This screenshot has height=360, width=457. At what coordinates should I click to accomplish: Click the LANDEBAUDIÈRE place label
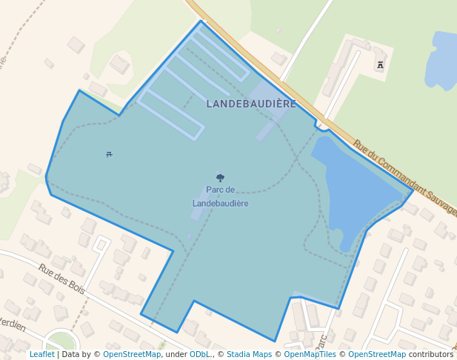[x=251, y=104]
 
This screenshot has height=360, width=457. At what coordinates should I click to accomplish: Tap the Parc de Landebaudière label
[x=220, y=196]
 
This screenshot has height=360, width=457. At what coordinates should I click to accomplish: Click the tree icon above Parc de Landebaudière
[x=220, y=178]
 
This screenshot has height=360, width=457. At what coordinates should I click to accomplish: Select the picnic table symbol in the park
[x=110, y=154]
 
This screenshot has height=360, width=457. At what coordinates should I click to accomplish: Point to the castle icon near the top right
[x=380, y=65]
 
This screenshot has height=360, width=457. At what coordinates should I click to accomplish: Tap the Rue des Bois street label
[x=62, y=279]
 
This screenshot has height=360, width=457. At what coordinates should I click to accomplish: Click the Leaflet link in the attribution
[x=41, y=354]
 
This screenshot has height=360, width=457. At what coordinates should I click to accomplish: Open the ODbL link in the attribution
[x=199, y=354]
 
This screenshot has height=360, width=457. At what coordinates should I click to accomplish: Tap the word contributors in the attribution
[x=430, y=354]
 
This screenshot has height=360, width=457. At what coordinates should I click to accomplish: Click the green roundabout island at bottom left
[x=61, y=342]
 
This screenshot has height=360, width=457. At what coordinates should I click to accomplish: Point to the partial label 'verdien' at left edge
[x=13, y=324]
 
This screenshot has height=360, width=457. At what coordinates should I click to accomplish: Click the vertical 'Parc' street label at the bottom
[x=321, y=341]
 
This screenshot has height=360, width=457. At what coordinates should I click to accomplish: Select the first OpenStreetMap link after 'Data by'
[x=131, y=354]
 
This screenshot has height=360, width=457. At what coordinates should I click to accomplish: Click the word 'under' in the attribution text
[x=176, y=354]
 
